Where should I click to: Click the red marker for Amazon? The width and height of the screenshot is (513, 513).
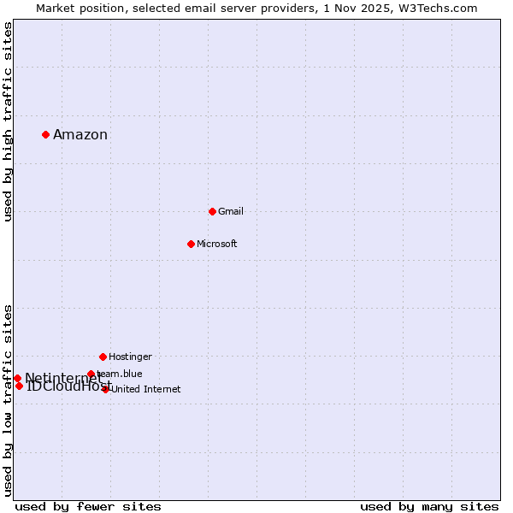[45, 134]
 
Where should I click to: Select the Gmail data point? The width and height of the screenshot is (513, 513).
[212, 211]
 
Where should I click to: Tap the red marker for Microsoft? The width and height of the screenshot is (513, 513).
[191, 244]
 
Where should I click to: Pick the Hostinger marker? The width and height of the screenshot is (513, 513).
[103, 357]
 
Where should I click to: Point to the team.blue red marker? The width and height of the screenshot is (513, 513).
[91, 374]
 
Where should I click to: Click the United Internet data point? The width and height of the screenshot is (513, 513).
[106, 389]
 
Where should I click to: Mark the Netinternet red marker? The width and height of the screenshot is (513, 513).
[17, 378]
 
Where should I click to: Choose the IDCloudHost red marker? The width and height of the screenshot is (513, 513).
[19, 386]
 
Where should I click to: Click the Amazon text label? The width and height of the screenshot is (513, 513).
[80, 135]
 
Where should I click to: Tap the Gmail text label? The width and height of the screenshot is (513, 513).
[231, 211]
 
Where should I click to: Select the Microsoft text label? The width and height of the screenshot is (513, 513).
[216, 244]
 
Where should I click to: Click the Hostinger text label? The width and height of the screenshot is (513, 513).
[130, 357]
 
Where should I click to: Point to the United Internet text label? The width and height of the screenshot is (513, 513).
[145, 389]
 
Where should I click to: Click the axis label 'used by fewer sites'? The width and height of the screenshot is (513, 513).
[88, 506]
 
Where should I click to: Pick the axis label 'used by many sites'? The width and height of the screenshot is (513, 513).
[429, 506]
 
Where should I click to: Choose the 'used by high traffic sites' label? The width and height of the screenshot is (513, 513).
[8, 121]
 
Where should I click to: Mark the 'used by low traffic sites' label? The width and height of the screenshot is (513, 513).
[8, 400]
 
